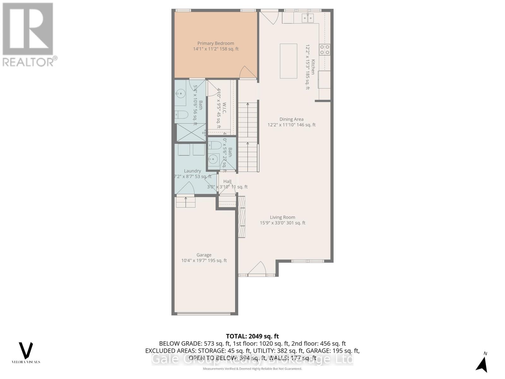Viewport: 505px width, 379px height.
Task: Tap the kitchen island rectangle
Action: pyautogui.click(x=288, y=61)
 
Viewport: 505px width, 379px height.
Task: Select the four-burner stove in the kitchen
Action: pyautogui.click(x=325, y=50)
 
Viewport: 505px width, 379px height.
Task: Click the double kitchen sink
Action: pyautogui.click(x=307, y=18)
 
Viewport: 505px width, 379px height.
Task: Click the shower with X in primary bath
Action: pyautogui.click(x=190, y=132)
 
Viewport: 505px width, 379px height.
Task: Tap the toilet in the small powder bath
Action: pyautogui.click(x=215, y=146)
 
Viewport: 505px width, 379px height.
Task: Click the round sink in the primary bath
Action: pyautogui.click(x=181, y=93)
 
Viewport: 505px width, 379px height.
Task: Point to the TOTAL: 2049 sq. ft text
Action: pyautogui.click(x=252, y=336)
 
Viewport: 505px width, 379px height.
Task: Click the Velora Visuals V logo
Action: pyautogui.click(x=26, y=351)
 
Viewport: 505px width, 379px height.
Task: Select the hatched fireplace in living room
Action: pyautogui.click(x=241, y=217)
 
